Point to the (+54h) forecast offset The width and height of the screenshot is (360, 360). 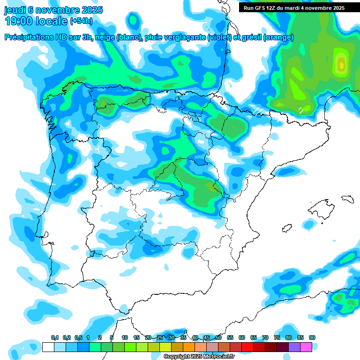pos(81,21)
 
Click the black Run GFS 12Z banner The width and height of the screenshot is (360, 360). pos(293,7)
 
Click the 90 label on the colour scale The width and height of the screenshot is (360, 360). pos(312,337)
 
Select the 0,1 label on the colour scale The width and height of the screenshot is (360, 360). pos(55,337)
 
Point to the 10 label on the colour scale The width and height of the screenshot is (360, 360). pos(125,337)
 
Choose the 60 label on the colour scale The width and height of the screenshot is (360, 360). pos(242,337)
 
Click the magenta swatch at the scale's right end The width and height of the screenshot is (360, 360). pos(306,347)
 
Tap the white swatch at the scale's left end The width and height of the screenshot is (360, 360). pos(48,347)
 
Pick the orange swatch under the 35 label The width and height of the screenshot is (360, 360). pos(189,347)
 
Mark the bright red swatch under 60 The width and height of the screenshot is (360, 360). pos(247,347)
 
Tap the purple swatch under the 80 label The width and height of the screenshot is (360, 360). pos(294,347)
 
